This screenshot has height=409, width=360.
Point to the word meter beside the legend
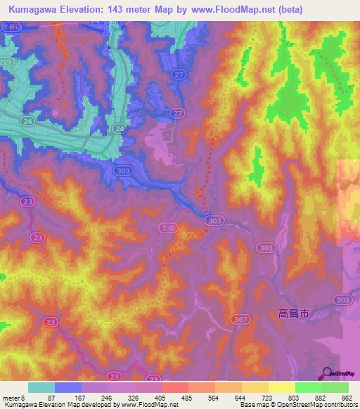pyautogui.click(x=11, y=397)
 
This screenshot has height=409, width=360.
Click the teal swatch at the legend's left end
pyautogui.click(x=41, y=387)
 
